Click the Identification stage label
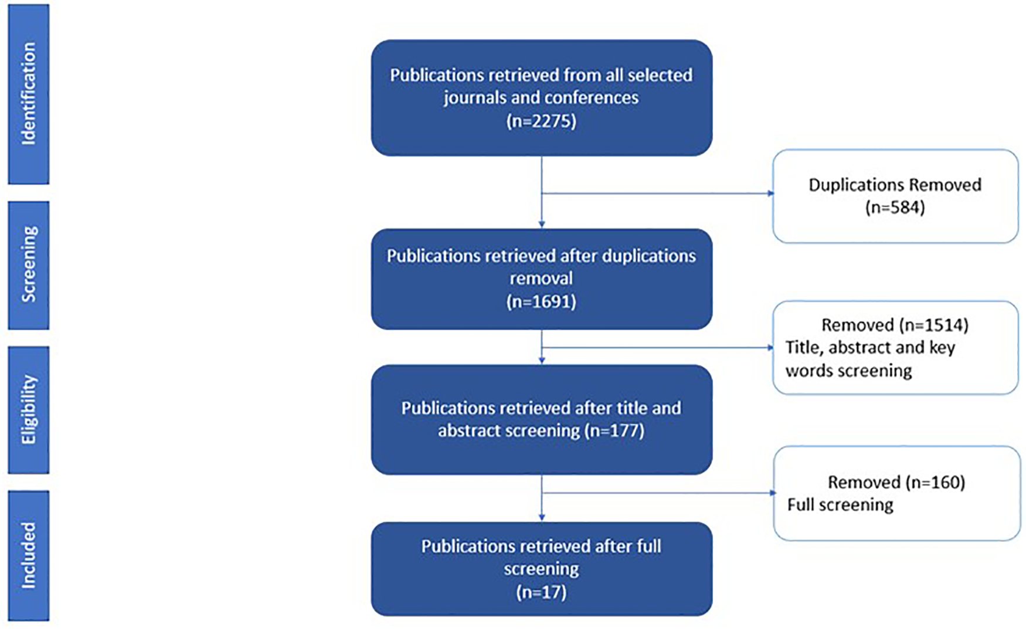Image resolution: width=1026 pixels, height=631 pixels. (x=28, y=94)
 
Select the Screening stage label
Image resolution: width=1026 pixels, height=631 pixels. (x=28, y=264)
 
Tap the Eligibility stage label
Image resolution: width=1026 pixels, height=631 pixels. (x=28, y=409)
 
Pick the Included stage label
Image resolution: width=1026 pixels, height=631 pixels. (x=28, y=555)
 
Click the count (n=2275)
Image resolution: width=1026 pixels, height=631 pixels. (x=541, y=121)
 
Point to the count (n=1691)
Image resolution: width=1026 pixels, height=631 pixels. (x=541, y=301)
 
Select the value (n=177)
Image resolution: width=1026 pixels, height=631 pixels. (x=614, y=430)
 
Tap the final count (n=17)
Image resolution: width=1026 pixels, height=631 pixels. (x=541, y=592)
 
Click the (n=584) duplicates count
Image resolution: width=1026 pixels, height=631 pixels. (x=895, y=207)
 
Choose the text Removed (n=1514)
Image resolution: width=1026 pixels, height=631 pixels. (x=895, y=325)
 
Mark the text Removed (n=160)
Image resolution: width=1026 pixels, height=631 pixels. (x=896, y=482)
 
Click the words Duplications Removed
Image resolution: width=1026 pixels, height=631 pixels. (x=895, y=185)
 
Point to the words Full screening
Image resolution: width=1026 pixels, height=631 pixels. (x=840, y=505)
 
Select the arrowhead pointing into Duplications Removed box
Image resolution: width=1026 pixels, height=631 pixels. (x=770, y=194)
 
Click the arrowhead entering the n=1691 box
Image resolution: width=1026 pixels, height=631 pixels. (x=542, y=224)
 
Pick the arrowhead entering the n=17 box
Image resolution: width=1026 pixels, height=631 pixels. (x=542, y=517)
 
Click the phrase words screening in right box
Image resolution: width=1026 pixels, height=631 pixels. (x=848, y=371)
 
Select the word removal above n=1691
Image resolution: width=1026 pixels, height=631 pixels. (x=541, y=278)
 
